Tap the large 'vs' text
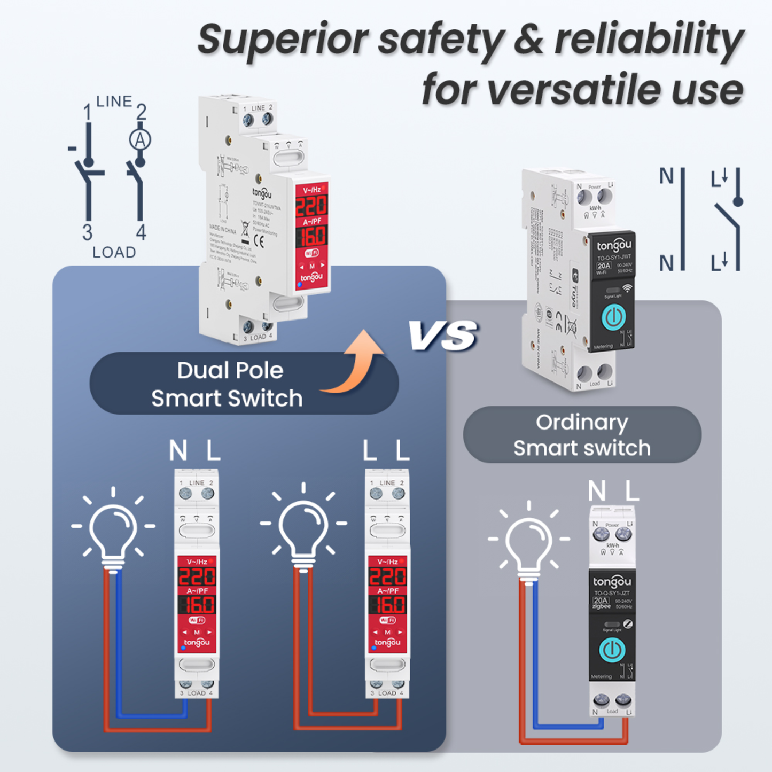point(443,334)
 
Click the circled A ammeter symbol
point(140,140)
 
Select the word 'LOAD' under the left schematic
point(114,252)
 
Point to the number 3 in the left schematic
point(87,233)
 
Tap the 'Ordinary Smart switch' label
point(582,435)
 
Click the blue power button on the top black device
point(613,317)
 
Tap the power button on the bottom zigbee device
point(612,650)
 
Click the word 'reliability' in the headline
point(649,39)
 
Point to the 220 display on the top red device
point(311,206)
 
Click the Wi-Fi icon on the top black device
point(627,288)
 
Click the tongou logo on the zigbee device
point(612,581)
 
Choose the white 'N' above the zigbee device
point(597,490)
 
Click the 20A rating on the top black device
point(604,266)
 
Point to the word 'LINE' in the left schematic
point(114,102)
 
